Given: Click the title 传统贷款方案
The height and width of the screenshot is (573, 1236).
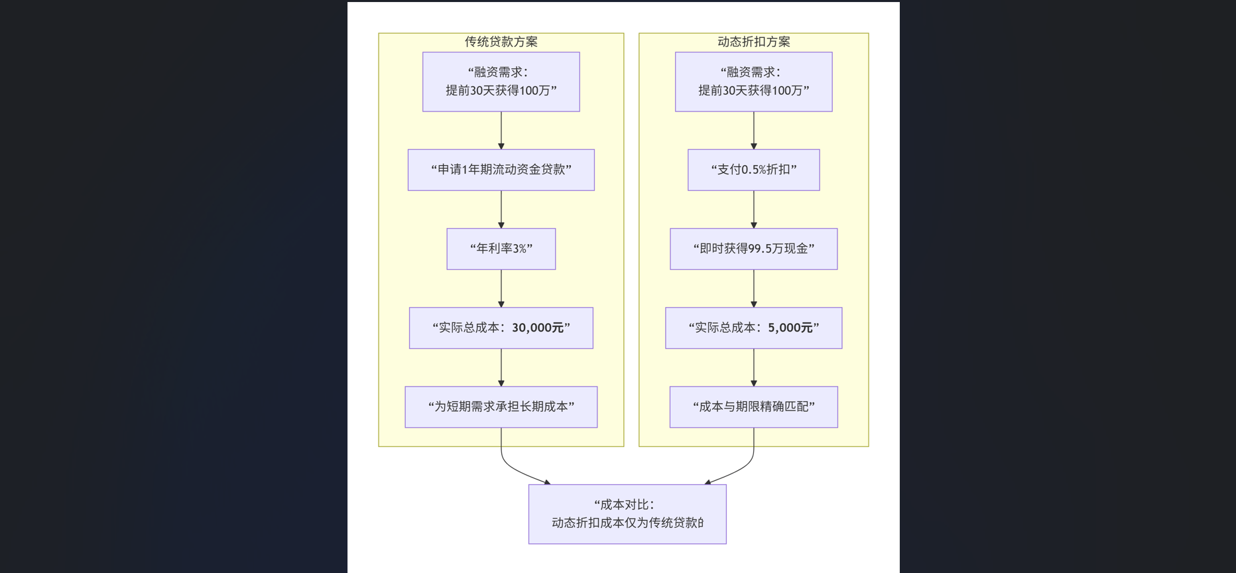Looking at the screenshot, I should pyautogui.click(x=501, y=42).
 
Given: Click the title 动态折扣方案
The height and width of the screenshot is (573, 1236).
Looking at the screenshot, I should pyautogui.click(x=753, y=42).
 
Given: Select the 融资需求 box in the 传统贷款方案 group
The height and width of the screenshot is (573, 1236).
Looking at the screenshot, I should pyautogui.click(x=501, y=82).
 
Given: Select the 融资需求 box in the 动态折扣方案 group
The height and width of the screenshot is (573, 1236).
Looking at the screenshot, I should pyautogui.click(x=753, y=82).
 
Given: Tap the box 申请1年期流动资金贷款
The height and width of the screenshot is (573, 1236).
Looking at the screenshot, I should pyautogui.click(x=501, y=170).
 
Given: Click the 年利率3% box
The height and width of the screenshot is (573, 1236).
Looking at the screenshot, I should pyautogui.click(x=501, y=249).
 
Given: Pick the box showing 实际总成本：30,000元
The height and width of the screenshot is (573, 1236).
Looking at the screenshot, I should pyautogui.click(x=501, y=328).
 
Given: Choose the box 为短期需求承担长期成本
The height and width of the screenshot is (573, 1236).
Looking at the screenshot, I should pyautogui.click(x=501, y=407).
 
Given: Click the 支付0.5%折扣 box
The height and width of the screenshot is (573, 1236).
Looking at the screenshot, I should pyautogui.click(x=753, y=170).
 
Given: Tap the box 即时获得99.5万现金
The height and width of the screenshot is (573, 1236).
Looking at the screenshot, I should pyautogui.click(x=753, y=249).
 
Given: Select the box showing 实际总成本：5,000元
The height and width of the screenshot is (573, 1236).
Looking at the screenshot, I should pyautogui.click(x=753, y=328).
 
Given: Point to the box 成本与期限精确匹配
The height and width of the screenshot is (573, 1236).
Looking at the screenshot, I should pyautogui.click(x=753, y=407).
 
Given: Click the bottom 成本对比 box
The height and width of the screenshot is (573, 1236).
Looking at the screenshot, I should pyautogui.click(x=627, y=514).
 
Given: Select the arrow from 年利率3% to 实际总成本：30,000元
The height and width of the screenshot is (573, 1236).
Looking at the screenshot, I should pyautogui.click(x=501, y=288).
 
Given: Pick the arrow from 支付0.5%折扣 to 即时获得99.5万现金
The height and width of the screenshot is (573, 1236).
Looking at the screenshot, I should pyautogui.click(x=754, y=209).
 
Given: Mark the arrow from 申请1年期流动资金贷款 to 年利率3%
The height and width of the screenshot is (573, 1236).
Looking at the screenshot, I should pyautogui.click(x=501, y=209).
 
